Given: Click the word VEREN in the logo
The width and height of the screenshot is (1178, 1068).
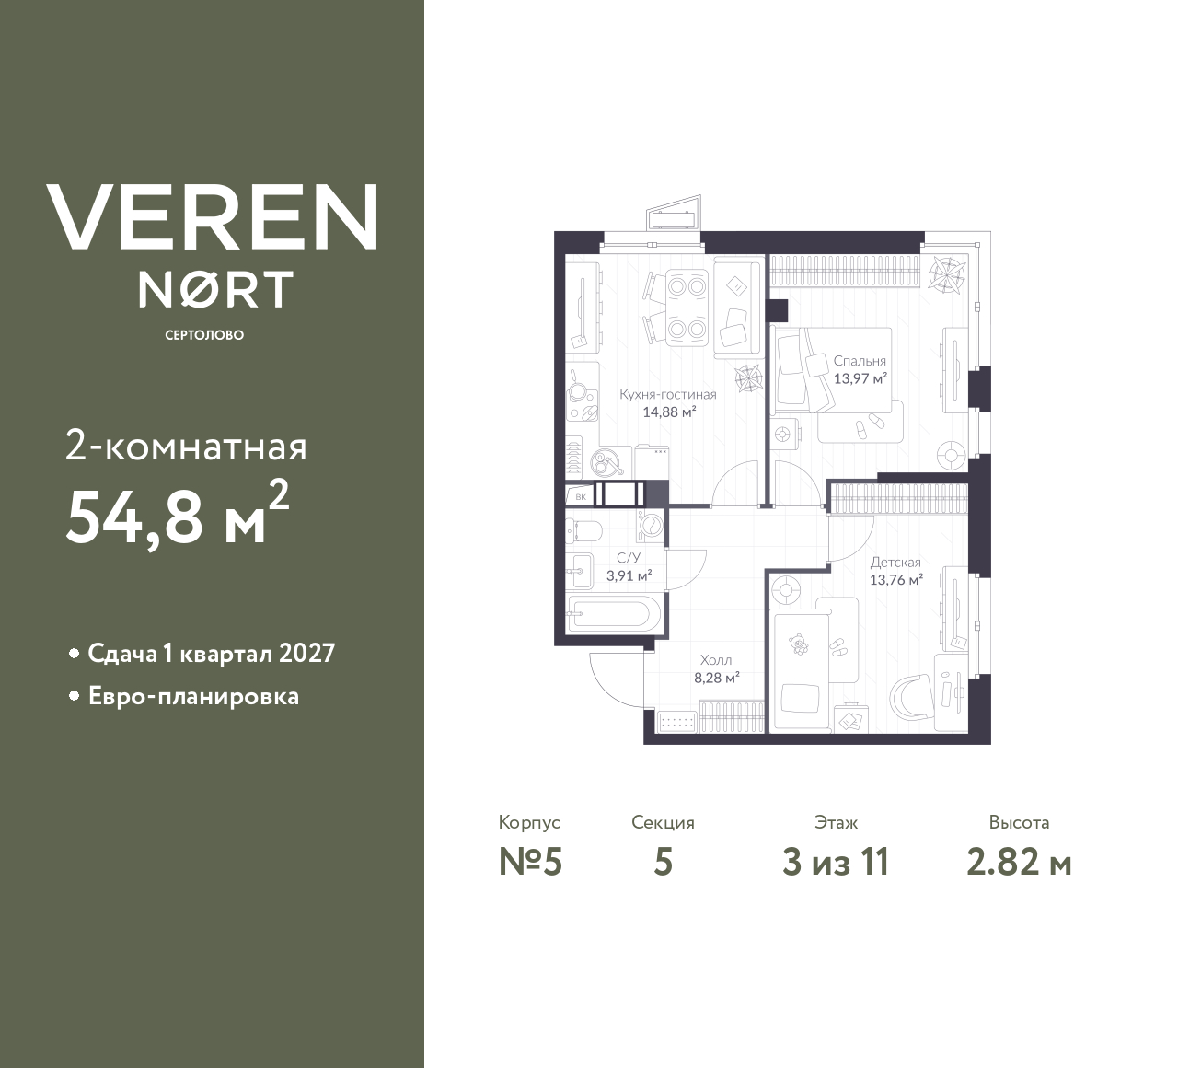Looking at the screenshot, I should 212,216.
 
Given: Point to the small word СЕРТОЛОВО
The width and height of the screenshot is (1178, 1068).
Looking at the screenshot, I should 204,335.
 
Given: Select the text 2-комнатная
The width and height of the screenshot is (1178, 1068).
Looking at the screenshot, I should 187,447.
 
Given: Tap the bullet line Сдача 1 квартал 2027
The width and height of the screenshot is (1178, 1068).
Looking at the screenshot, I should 211,654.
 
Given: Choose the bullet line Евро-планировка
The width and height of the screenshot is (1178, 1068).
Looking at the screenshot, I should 193,696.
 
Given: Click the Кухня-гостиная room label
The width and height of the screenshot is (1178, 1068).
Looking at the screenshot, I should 667,394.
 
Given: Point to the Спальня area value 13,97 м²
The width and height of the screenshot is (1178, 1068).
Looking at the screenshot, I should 860,377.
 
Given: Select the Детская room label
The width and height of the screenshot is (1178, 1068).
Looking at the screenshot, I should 895,562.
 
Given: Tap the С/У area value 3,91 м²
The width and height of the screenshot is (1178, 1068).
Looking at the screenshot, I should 629,576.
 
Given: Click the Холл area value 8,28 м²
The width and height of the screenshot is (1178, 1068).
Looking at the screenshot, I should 717,679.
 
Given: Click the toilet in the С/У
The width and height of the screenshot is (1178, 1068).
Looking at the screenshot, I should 583,530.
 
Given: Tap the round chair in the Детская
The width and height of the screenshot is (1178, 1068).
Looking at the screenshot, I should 915,696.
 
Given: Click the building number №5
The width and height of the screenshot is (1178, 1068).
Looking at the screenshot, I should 529,863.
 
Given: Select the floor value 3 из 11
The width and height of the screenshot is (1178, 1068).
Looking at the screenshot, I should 836,863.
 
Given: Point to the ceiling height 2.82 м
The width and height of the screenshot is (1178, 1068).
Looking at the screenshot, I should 1019,863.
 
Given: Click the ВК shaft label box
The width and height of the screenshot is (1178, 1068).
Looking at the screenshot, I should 581,496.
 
